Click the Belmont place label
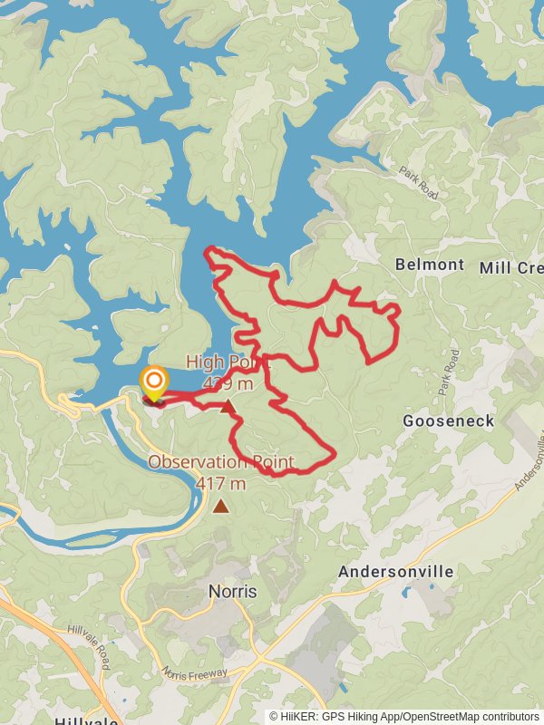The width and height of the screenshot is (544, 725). coord(430,265)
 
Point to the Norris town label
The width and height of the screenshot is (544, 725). coord(232,591)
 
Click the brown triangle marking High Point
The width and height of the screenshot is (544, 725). coord(227,407)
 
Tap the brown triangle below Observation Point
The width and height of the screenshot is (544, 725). coord(221,507)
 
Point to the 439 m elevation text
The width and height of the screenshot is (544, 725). coord(228,384)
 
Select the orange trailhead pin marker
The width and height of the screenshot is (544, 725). coord(154,382)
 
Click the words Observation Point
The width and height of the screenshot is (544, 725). coord(221,463)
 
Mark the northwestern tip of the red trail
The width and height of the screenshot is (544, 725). coord(209,249)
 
